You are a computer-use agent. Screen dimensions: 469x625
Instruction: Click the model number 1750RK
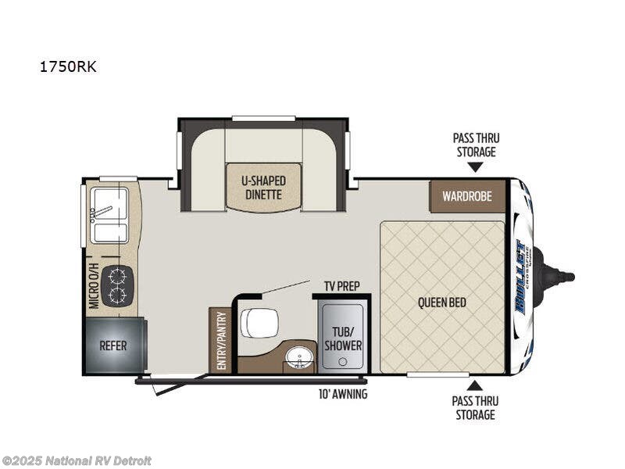tap(68, 66)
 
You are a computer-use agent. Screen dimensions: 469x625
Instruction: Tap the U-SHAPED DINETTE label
tap(263, 188)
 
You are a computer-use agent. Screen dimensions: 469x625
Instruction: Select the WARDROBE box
tap(467, 196)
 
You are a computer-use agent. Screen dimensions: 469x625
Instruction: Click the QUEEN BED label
tap(442, 303)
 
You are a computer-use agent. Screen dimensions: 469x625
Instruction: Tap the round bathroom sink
tap(297, 359)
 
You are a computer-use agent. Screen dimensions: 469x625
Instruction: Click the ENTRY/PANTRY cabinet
tap(220, 341)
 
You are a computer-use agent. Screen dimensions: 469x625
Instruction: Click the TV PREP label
tap(341, 286)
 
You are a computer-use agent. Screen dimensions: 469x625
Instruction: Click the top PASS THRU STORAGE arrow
tap(474, 166)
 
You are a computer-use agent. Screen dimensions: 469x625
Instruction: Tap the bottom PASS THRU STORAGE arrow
tap(474, 385)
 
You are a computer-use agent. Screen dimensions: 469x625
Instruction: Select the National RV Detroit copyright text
tap(77, 460)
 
